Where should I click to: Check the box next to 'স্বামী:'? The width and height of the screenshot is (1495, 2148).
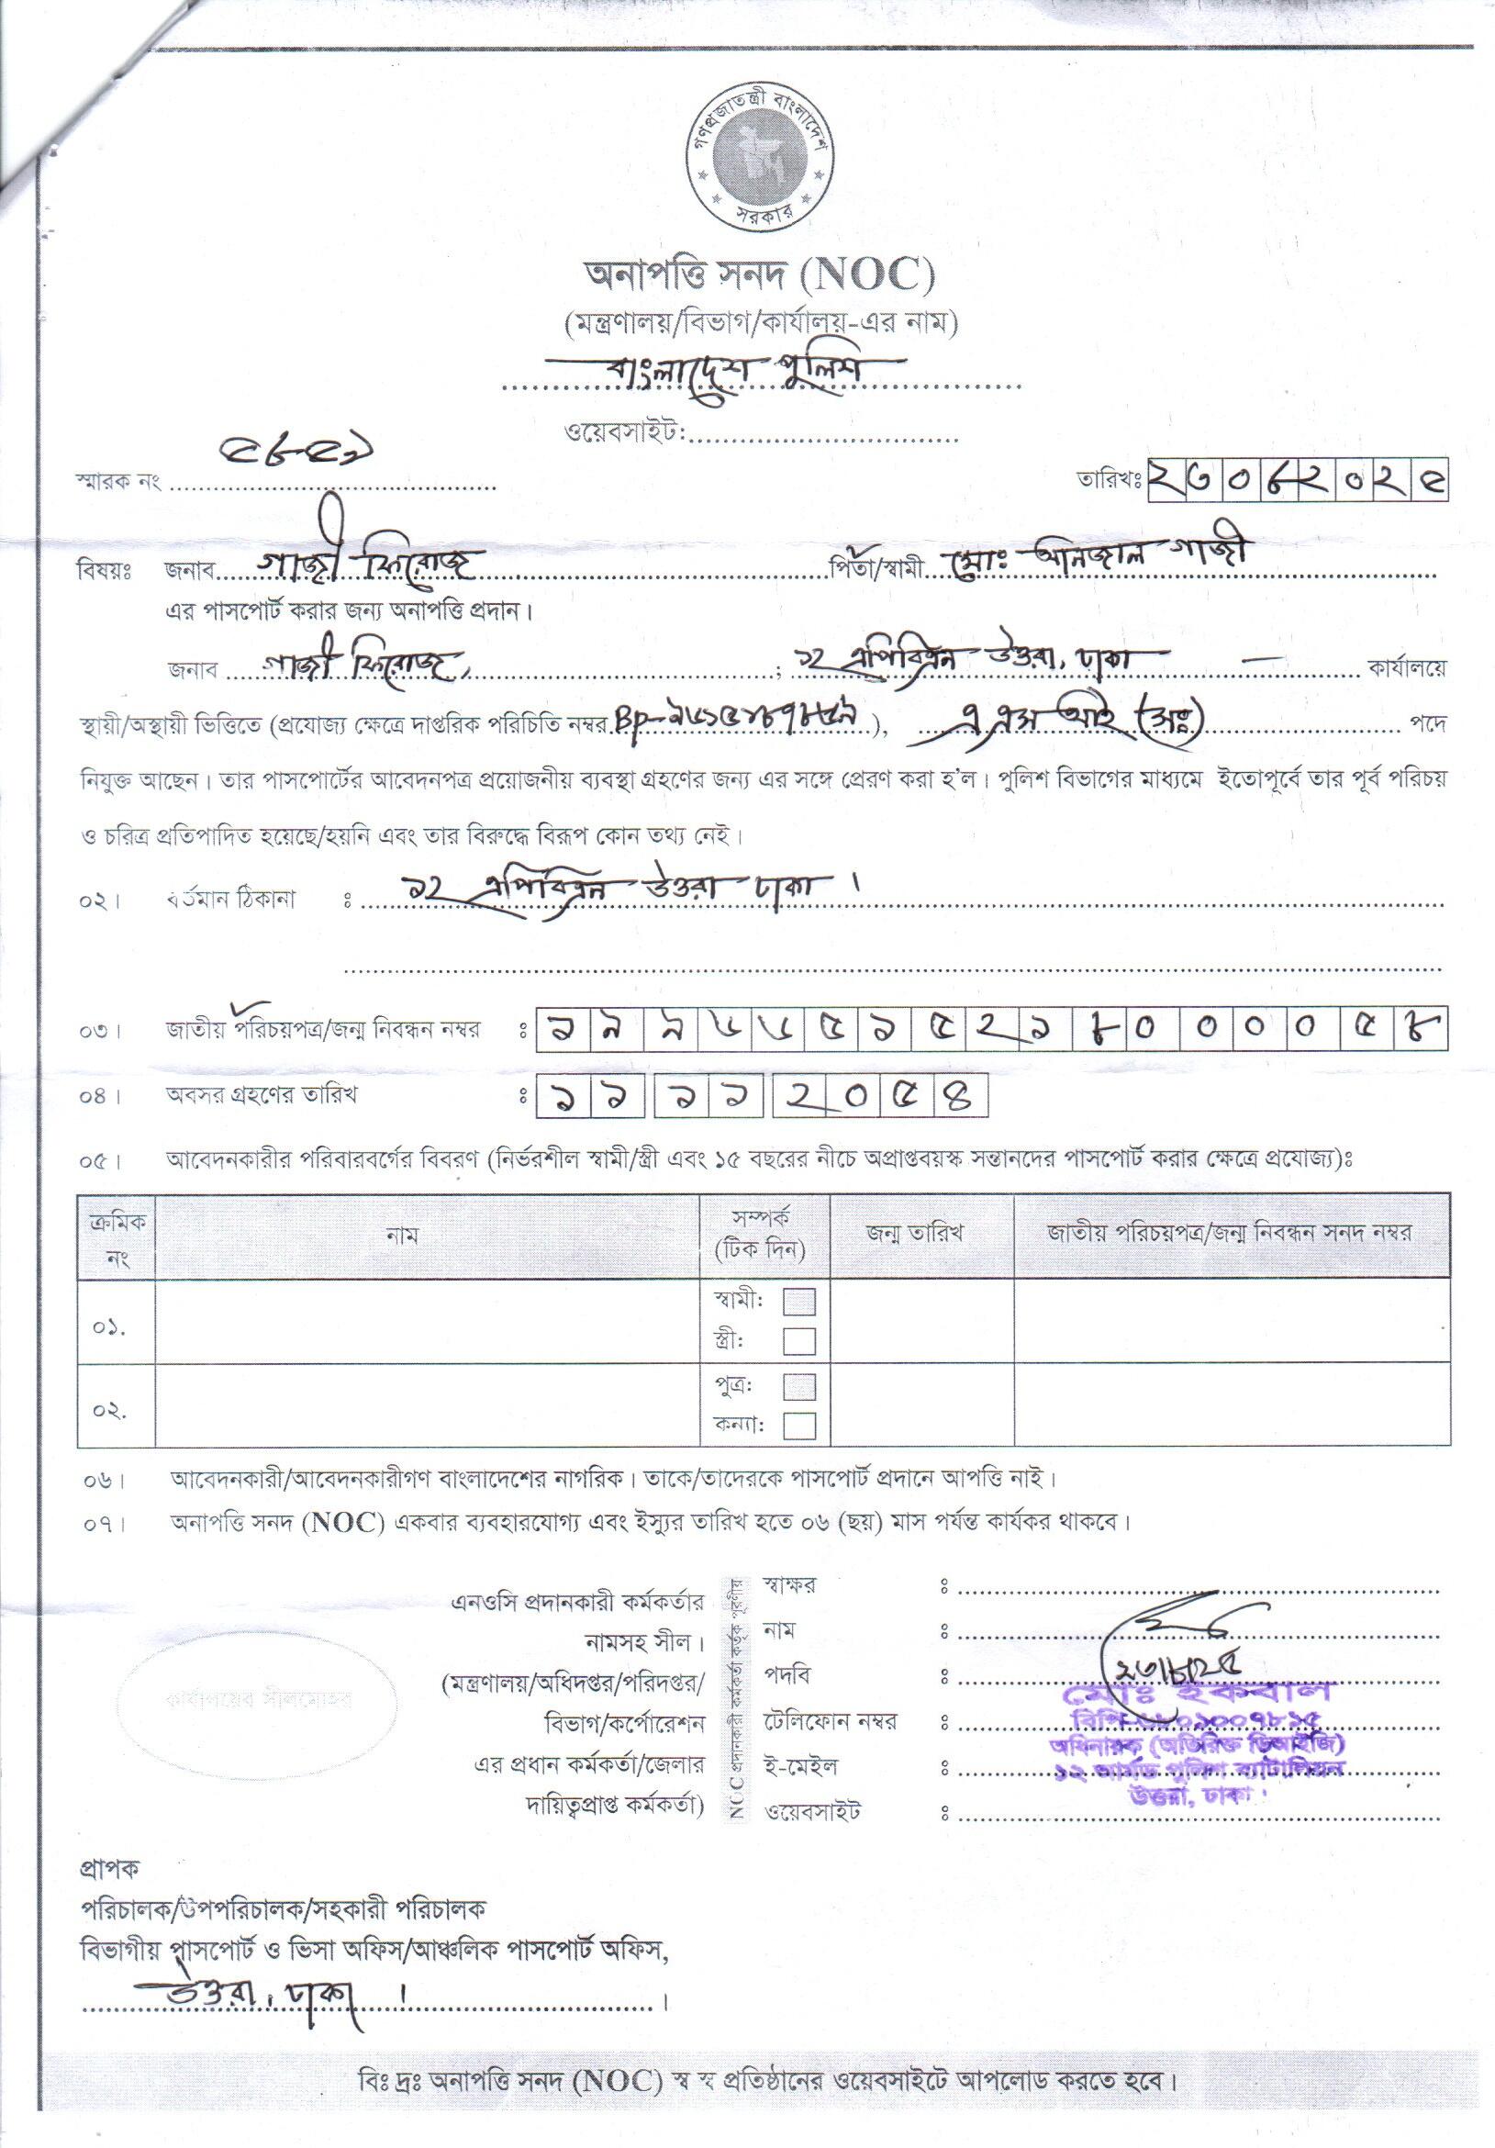[x=799, y=1301]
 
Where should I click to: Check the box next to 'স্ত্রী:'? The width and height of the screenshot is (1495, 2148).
[x=799, y=1340]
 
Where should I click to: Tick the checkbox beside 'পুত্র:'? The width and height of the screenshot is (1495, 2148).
[x=799, y=1385]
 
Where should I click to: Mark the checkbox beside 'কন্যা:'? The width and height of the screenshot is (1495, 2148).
[x=799, y=1425]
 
